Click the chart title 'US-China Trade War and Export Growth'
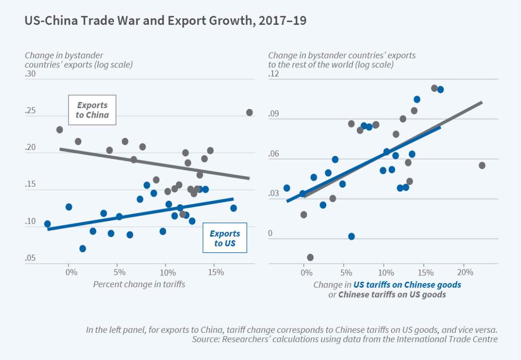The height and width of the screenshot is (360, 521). click(165, 21)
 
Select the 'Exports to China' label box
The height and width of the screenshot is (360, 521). click(92, 110)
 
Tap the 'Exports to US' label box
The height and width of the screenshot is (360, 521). click(225, 238)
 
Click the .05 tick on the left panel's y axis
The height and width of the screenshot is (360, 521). click(30, 258)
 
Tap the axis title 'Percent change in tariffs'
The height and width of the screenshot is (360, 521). click(139, 284)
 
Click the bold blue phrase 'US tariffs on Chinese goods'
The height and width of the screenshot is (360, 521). click(407, 285)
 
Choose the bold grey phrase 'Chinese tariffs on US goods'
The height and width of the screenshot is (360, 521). click(392, 295)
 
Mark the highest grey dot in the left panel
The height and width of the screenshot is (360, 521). click(249, 112)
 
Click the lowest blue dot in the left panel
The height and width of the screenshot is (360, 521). click(82, 248)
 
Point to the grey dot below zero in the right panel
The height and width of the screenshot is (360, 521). click(310, 257)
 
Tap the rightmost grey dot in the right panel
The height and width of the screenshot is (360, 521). click(482, 166)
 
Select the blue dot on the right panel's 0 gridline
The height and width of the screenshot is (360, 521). click(351, 236)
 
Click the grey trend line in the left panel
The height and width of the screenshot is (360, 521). click(154, 163)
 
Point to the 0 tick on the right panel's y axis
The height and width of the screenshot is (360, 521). click(270, 233)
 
